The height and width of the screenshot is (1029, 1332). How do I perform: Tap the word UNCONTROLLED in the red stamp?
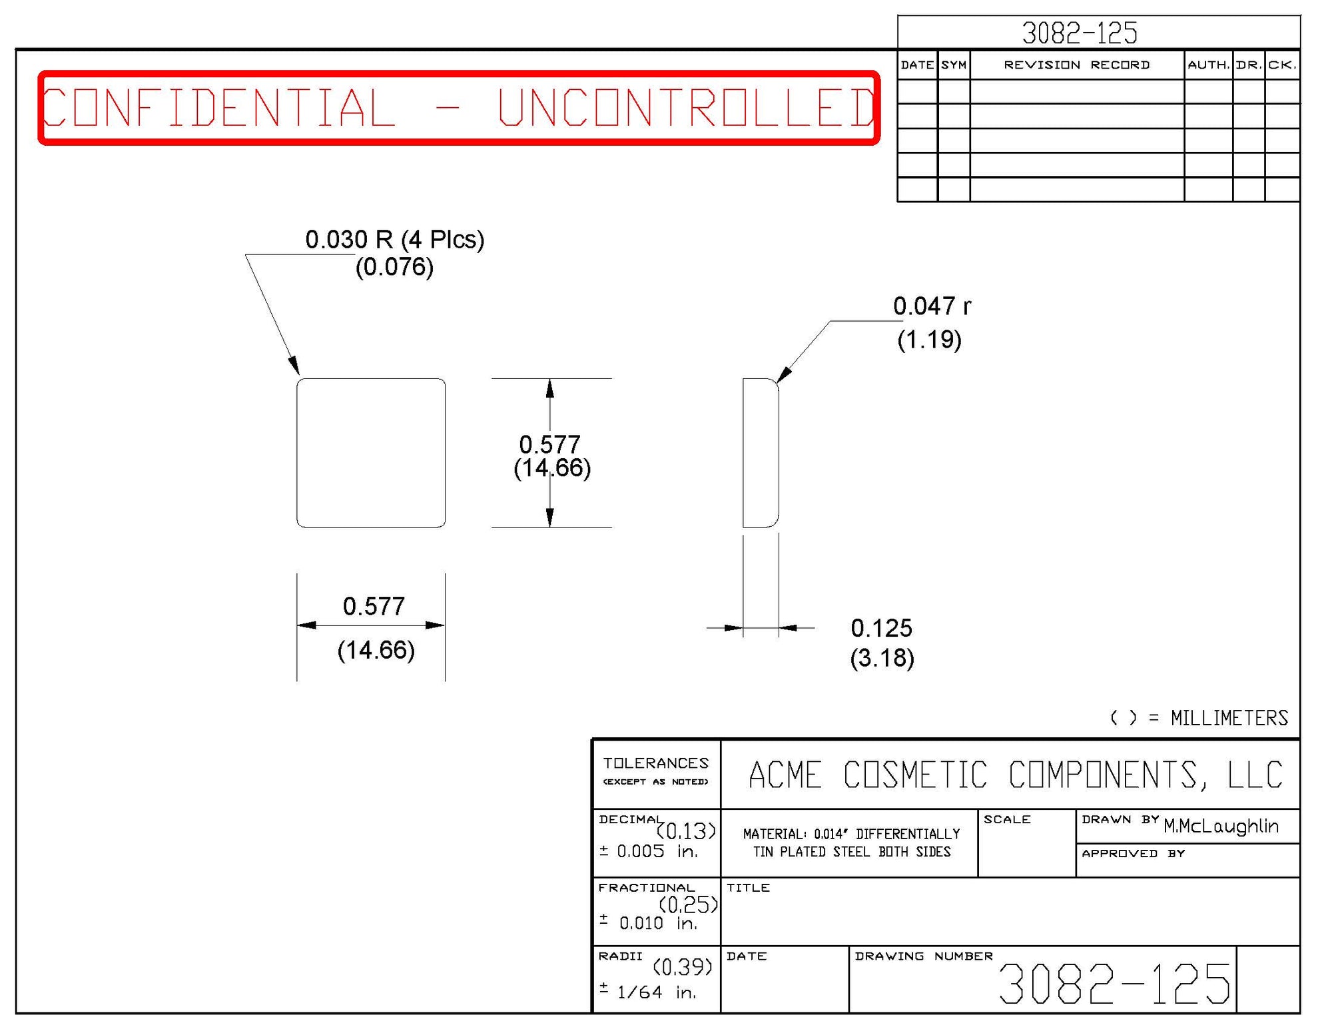[x=686, y=107]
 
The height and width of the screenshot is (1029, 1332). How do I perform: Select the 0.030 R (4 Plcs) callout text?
[x=394, y=240]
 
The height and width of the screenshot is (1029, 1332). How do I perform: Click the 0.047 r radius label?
[x=932, y=306]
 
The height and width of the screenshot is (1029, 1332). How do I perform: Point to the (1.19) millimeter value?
[x=929, y=340]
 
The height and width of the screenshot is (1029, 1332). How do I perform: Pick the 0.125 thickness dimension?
[x=881, y=628]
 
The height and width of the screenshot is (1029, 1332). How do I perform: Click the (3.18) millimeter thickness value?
[x=882, y=658]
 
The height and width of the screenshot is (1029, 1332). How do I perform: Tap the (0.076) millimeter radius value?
[x=394, y=267]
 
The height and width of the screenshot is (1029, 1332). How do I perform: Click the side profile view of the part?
[x=761, y=453]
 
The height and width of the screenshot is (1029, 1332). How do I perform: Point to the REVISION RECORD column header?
[x=1076, y=65]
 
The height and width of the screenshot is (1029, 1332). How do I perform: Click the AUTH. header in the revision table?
[x=1208, y=65]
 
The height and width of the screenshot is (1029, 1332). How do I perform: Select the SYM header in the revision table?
[x=954, y=65]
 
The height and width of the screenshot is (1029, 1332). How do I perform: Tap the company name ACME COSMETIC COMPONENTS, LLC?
[x=1015, y=775]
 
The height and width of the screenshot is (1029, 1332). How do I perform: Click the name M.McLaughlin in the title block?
[x=1221, y=827]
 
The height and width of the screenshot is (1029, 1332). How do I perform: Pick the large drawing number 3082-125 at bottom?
[x=1114, y=984]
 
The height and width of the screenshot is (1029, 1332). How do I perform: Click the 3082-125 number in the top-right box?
[x=1080, y=33]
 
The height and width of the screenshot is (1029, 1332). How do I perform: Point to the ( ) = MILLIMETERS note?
[x=1199, y=718]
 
